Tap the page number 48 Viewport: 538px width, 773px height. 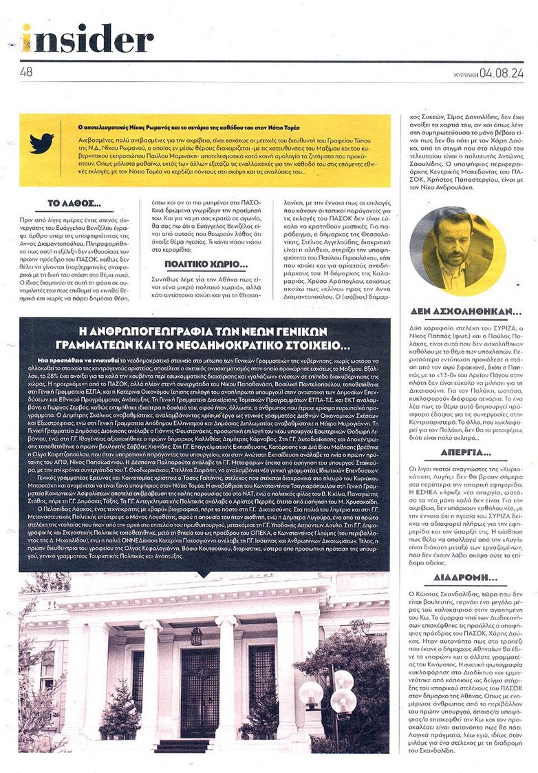pyautogui.click(x=27, y=70)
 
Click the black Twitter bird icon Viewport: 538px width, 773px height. pyautogui.click(x=41, y=144)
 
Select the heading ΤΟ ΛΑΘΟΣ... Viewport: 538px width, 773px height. pyautogui.click(x=75, y=204)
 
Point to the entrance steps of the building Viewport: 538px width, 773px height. pyautogui.click(x=182, y=745)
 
